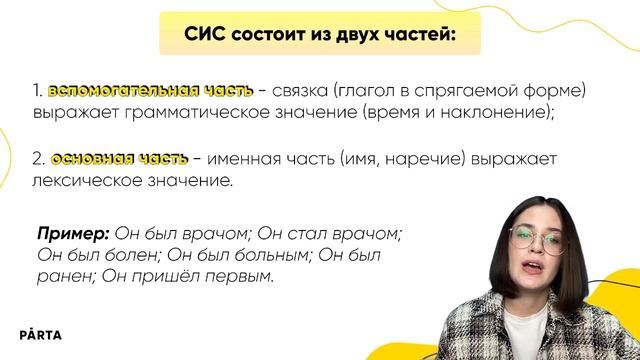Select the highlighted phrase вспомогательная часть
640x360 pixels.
[150, 91]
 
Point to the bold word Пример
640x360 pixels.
[72, 234]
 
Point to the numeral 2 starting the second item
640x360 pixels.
[36, 160]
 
